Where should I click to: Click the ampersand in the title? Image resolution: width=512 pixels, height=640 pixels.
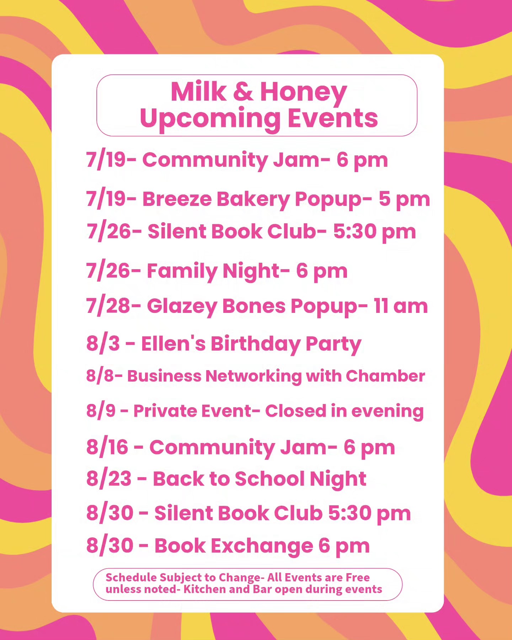[x=243, y=92]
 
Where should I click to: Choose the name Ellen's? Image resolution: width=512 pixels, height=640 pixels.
[x=173, y=343]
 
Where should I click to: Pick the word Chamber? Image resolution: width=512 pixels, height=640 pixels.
[x=385, y=376]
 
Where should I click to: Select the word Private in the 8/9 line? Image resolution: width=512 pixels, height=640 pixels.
[x=162, y=411]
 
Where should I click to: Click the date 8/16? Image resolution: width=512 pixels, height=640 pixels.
[x=107, y=447]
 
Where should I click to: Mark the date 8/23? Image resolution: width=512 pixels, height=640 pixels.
[x=109, y=479]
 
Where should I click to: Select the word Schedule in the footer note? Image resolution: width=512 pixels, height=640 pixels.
[x=131, y=577]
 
